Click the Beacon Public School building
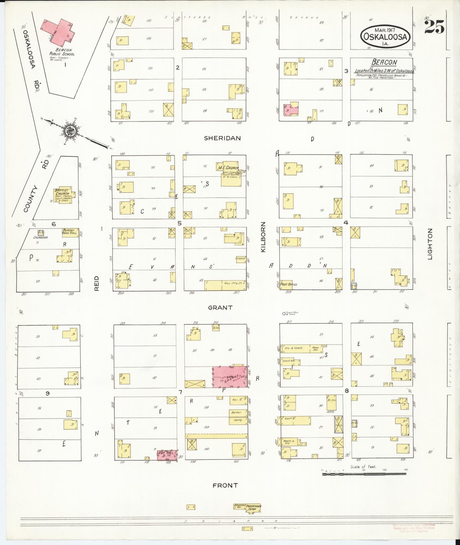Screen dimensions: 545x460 (60, 31)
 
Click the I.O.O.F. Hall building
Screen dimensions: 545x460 (167, 455)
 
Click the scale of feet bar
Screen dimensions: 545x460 (364, 474)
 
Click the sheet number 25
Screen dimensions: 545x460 (434, 27)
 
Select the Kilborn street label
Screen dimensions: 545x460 (263, 237)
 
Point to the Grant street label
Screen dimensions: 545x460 (220, 308)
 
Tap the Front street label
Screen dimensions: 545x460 (225, 485)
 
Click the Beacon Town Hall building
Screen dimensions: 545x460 (70, 232)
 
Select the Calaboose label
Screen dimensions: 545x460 (40, 237)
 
